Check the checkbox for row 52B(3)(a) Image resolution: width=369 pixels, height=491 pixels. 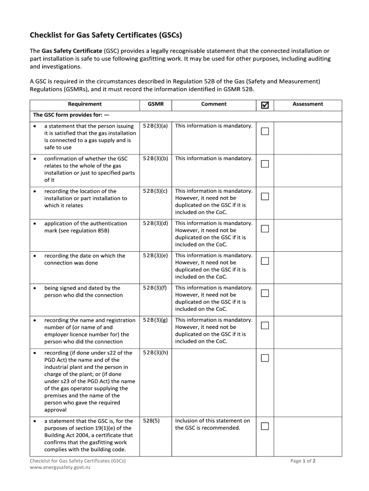(265, 131)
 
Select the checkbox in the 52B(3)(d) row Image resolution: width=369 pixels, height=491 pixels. (265, 229)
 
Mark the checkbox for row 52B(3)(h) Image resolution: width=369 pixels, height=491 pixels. (265, 358)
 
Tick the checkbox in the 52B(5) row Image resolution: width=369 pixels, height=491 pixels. (265, 426)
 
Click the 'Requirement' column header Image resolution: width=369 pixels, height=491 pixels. (84, 104)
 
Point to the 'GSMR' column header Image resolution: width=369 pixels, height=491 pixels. (155, 104)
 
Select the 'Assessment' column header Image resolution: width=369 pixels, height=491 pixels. (308, 104)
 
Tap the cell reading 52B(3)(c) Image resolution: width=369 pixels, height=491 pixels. (155, 191)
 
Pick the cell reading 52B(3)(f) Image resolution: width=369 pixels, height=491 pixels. (155, 288)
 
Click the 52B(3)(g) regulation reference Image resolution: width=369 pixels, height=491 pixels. (155, 320)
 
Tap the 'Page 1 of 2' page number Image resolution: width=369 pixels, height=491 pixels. (302, 461)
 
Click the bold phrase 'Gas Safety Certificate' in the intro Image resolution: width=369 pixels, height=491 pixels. (72, 51)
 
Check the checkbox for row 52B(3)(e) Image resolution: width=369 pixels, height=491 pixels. (265, 261)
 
